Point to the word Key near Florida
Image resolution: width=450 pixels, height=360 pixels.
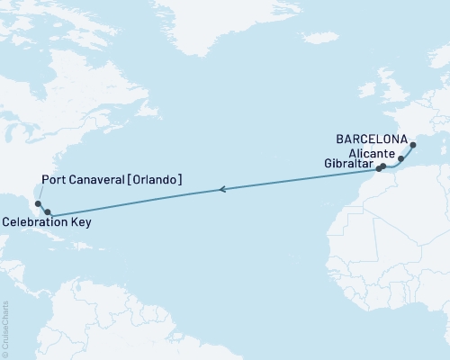pyautogui.click(x=78, y=222)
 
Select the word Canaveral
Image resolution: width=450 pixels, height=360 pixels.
pyautogui.click(x=96, y=180)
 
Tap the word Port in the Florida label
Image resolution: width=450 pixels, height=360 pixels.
pyautogui.click(x=56, y=180)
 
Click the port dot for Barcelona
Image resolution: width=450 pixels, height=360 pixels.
pyautogui.click(x=412, y=145)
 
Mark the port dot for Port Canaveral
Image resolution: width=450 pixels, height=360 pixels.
pyautogui.click(x=26, y=204)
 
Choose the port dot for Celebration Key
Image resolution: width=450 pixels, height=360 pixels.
pyautogui.click(x=35, y=212)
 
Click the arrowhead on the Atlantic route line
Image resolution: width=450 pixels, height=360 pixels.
pyautogui.click(x=221, y=189)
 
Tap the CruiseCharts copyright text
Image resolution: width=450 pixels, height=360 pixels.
pyautogui.click(x=5, y=328)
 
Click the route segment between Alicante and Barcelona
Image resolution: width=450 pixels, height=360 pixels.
pyautogui.click(x=408, y=151)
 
